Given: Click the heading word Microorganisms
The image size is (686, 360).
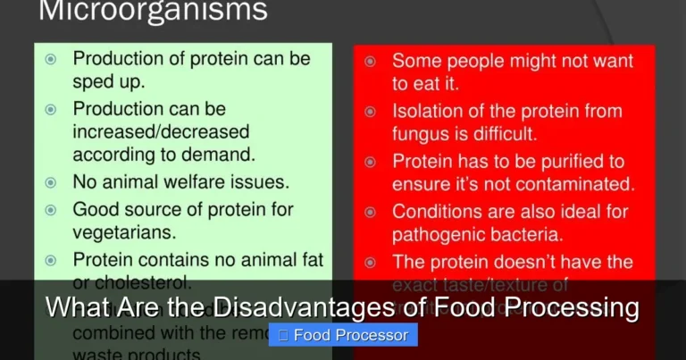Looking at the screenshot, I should coord(152,11).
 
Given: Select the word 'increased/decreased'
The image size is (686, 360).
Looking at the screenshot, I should coord(148,132).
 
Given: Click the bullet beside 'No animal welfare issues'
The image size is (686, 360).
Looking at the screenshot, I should coord(51,182).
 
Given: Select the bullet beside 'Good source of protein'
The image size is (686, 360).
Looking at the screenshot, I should coord(51,210).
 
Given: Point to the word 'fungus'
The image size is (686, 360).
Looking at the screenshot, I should coord(422,134).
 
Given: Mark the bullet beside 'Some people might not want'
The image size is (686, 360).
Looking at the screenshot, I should coord(370,62).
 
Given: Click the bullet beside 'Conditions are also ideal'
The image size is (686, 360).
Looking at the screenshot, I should coord(370,213).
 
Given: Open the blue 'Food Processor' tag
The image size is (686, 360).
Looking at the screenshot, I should coord(343,335).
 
